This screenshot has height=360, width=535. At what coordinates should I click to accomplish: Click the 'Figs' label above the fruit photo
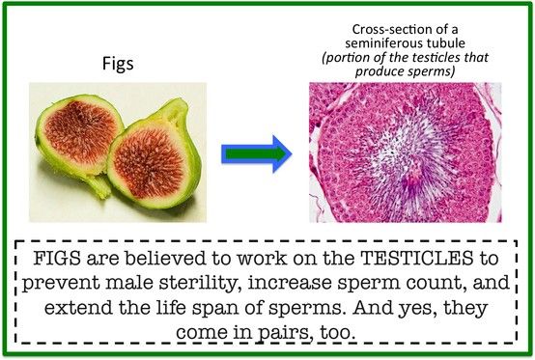118,64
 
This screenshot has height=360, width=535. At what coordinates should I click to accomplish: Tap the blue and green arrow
257,153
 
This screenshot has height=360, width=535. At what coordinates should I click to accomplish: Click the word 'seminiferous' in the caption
379,43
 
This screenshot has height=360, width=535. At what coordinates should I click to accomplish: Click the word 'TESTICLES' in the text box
417,258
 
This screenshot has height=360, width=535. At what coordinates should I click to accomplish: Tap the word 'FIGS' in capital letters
57,258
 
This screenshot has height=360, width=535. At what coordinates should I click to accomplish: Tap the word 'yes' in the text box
413,309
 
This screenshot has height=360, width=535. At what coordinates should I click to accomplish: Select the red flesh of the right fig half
149,162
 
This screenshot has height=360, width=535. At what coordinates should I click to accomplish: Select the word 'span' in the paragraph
215,309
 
